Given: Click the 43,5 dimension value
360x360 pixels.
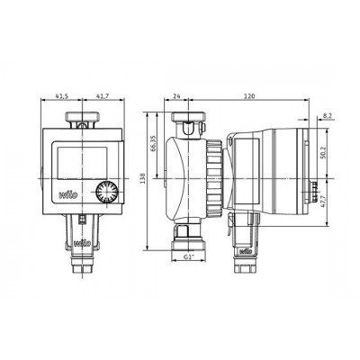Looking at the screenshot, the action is [62, 96].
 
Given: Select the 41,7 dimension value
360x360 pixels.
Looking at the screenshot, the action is [103, 96].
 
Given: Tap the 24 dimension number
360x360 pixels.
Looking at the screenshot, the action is [176, 96].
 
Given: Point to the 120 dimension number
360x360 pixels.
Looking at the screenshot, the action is [249, 96].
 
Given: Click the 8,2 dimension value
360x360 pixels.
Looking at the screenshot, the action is [328, 115].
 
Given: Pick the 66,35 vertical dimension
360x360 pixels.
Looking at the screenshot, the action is [154, 143].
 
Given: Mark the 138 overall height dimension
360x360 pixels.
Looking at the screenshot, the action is [142, 178].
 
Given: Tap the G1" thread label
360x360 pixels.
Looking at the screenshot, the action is [189, 256].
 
